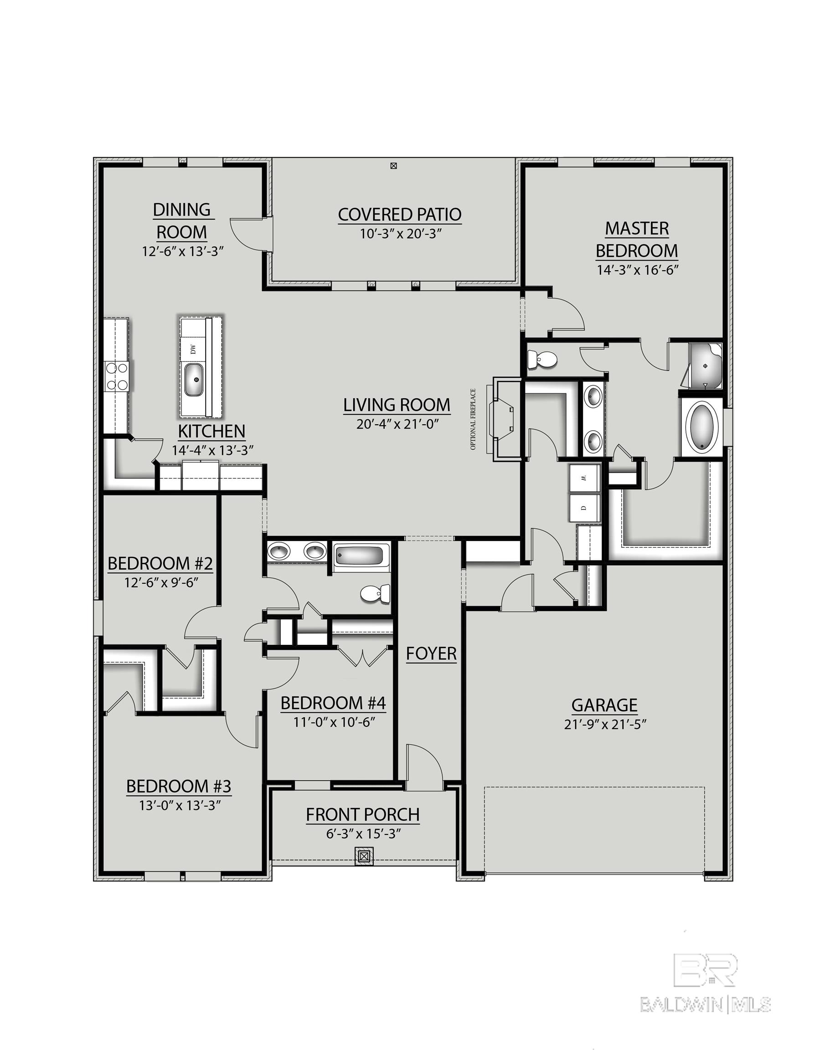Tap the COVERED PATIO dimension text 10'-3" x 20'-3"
[x=401, y=234]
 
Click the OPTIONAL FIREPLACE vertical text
[x=473, y=419]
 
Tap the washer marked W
[x=584, y=479]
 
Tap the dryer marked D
[x=584, y=508]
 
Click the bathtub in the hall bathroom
[x=360, y=556]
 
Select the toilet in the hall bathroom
[x=376, y=594]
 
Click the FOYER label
[x=431, y=654]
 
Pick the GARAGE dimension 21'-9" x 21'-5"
[x=604, y=725]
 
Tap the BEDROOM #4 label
[x=333, y=703]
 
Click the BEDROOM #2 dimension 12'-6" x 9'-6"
[x=161, y=583]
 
